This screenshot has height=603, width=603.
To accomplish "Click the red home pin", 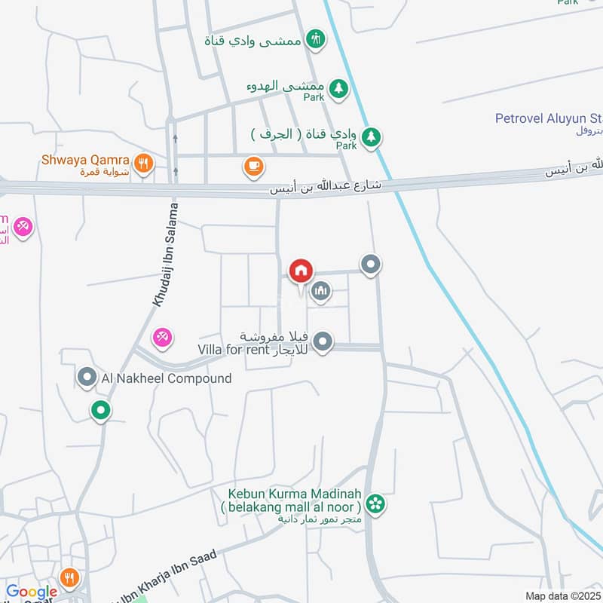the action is point(301,271).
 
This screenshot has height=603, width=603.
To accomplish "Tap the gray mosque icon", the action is point(321,290).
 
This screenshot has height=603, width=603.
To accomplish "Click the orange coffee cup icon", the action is point(253,165).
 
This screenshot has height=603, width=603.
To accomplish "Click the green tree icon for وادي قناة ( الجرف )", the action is point(370,137).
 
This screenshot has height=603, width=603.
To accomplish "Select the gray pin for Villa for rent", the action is point(323,342).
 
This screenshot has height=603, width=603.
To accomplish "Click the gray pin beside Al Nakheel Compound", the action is point(87,378).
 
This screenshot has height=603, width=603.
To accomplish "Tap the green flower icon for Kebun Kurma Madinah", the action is point(375,503).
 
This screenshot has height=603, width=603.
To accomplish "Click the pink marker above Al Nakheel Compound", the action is point(162,337).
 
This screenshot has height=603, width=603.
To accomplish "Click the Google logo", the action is point(32,592).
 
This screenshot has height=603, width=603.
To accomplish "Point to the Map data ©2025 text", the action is point(562,596).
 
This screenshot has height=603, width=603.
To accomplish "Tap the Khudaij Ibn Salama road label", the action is point(165,255).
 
